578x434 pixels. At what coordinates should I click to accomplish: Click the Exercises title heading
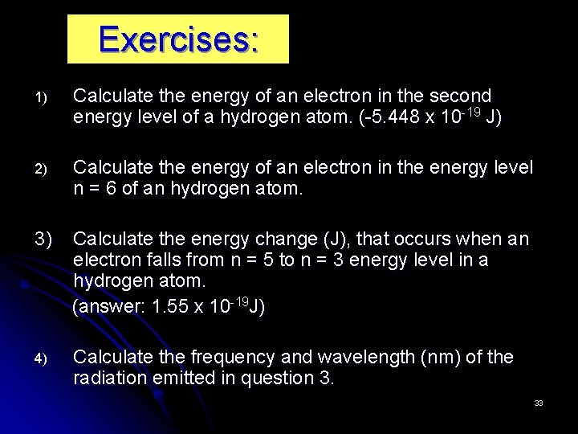tap(178, 39)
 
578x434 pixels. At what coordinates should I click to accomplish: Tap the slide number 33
tap(539, 403)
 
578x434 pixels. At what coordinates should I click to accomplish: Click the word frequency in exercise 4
tap(234, 357)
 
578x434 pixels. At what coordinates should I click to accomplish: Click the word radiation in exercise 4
tap(107, 378)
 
